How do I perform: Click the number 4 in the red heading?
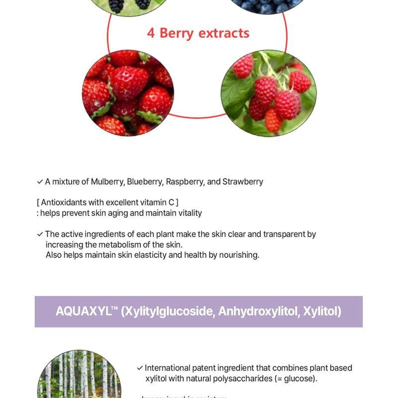tap(151, 33)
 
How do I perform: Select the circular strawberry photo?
tap(128, 93)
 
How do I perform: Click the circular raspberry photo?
tap(269, 93)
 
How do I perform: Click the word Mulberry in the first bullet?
tap(107, 182)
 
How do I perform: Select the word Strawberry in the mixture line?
tap(243, 182)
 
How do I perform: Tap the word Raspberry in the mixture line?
tap(184, 182)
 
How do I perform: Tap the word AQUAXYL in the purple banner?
tap(83, 311)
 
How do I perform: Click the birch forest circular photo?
tap(80, 376)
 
